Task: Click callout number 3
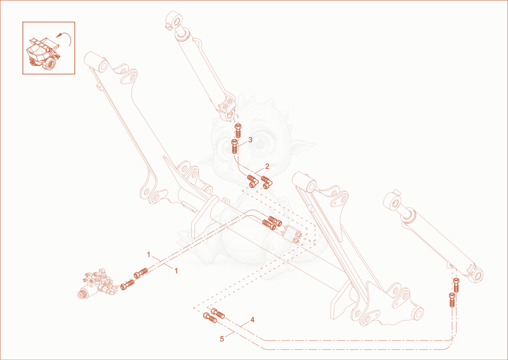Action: (250, 140)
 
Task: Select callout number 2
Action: (267, 166)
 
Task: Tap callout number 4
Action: (252, 320)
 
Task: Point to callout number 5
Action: (222, 339)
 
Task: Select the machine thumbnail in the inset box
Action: (43, 53)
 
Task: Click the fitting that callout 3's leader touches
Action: (235, 147)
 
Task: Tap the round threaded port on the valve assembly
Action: (81, 294)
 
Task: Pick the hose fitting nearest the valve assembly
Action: (127, 286)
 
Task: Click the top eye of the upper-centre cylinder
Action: (175, 21)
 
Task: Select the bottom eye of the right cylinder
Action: (475, 272)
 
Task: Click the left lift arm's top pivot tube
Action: (96, 62)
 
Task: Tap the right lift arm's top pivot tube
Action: (304, 181)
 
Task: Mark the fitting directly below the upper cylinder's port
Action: (239, 130)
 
